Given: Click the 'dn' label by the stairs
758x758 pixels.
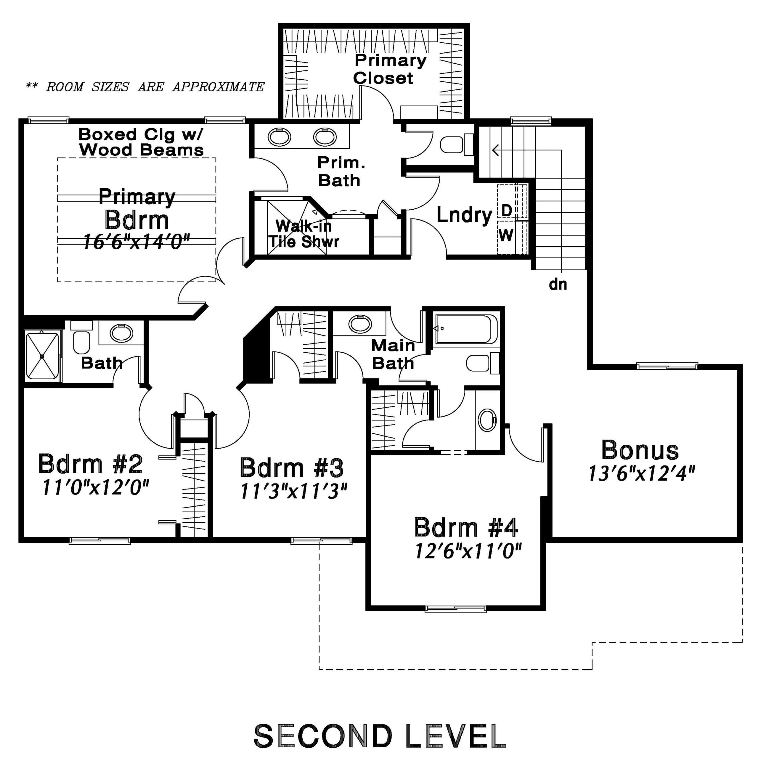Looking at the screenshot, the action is [x=558, y=284].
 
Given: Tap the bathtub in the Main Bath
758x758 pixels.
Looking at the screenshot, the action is [x=465, y=329].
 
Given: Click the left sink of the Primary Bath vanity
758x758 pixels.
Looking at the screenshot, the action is [x=279, y=137].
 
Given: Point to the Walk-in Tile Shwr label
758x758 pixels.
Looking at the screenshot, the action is [x=304, y=234].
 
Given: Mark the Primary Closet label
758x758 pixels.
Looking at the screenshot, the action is [x=390, y=70].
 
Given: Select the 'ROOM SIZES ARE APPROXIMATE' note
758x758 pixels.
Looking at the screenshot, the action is [x=145, y=87].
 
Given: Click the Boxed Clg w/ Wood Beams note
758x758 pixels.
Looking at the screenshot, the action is [x=141, y=142].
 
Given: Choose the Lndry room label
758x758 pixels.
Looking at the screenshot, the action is [x=464, y=215].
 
